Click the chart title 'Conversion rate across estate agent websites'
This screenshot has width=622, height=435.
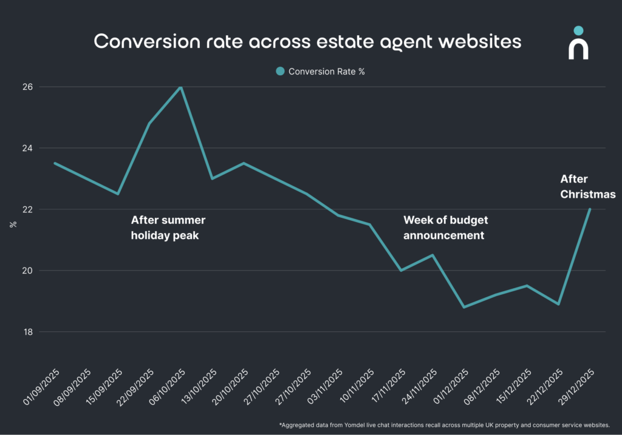[307, 41]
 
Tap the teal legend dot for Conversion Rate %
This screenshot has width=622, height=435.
[280, 71]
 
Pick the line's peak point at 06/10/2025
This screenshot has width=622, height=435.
[181, 87]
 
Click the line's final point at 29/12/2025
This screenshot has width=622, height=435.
[590, 209]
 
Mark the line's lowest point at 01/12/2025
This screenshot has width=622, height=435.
[464, 307]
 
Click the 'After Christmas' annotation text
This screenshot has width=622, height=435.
[587, 187]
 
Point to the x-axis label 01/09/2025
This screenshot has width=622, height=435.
[41, 387]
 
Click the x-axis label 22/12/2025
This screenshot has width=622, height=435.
[544, 387]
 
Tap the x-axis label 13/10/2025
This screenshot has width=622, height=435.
[198, 387]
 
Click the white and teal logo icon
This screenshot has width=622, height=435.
[578, 43]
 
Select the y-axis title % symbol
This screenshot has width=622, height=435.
[13, 224]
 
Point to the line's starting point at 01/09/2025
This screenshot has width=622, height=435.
[55, 163]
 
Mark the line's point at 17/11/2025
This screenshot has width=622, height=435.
[401, 271]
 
